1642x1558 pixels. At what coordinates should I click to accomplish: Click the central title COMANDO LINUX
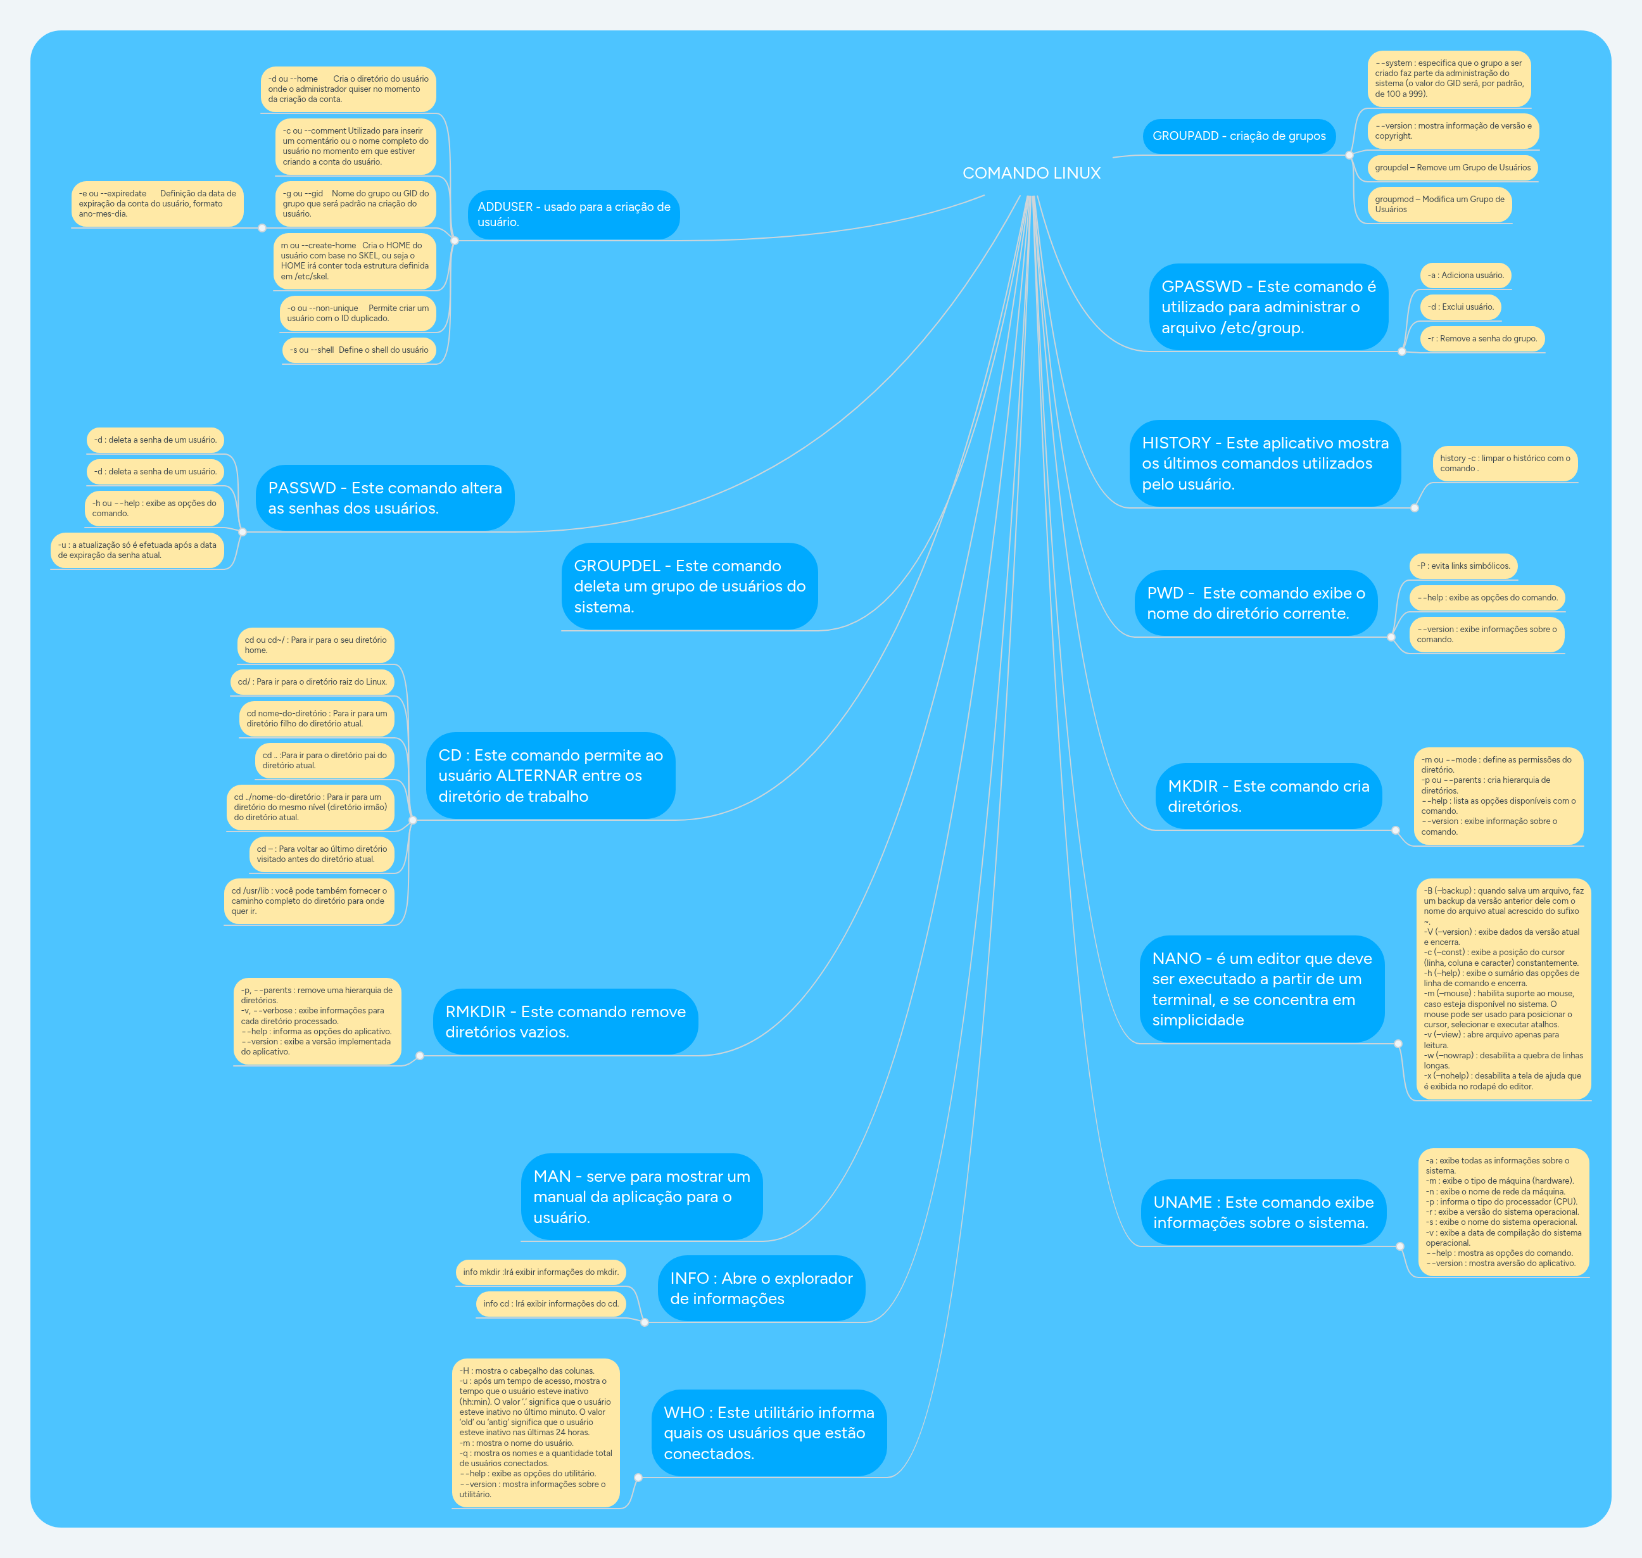pyautogui.click(x=1031, y=173)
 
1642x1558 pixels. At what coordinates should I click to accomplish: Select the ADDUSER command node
pyautogui.click(x=573, y=214)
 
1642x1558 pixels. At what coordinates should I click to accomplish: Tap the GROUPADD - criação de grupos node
pyautogui.click(x=1239, y=136)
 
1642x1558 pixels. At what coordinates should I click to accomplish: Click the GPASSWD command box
pyautogui.click(x=1268, y=307)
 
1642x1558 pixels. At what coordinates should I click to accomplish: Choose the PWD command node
pyautogui.click(x=1256, y=603)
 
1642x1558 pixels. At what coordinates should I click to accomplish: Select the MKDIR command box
pyautogui.click(x=1268, y=795)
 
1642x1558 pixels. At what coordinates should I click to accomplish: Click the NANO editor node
pyautogui.click(x=1261, y=988)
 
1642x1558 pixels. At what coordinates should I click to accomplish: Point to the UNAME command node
pyautogui.click(x=1263, y=1212)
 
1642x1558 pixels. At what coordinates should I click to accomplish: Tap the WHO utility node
pyautogui.click(x=769, y=1433)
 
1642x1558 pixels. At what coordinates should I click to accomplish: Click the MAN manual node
pyautogui.click(x=642, y=1197)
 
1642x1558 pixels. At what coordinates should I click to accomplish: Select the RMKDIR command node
pyautogui.click(x=565, y=1022)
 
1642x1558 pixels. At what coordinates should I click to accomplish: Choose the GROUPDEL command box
pyautogui.click(x=690, y=586)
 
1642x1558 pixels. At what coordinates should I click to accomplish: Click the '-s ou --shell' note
pyautogui.click(x=359, y=350)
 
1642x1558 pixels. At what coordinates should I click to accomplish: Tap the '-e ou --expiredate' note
pyautogui.click(x=157, y=203)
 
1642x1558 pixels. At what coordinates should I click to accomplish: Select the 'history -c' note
pyautogui.click(x=1505, y=464)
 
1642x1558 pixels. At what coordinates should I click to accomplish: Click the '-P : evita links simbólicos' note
pyautogui.click(x=1463, y=566)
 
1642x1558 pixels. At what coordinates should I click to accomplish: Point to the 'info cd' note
pyautogui.click(x=551, y=1303)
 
